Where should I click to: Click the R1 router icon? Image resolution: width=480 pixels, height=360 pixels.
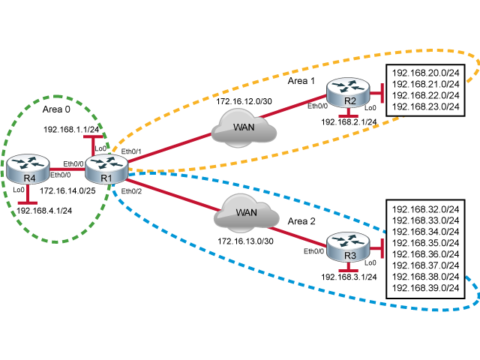(x=106, y=168)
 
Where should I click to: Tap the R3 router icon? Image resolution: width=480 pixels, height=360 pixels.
(x=349, y=246)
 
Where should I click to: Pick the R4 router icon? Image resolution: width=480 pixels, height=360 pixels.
(x=28, y=169)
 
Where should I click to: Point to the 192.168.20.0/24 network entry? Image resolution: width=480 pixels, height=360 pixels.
(x=426, y=73)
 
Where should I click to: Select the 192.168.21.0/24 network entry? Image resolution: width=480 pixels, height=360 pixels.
(x=426, y=85)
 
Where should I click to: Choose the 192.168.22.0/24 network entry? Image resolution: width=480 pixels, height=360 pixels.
(x=426, y=96)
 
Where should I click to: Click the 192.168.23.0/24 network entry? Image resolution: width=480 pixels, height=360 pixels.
(x=426, y=107)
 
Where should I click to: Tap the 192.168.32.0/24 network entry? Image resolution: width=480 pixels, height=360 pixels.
(x=426, y=209)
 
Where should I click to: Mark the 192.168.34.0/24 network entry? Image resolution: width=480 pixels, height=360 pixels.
(x=426, y=232)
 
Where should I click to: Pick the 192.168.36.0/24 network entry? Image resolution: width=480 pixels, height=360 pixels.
(x=426, y=254)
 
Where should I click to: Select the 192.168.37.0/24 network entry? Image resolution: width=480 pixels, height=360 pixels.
(x=426, y=265)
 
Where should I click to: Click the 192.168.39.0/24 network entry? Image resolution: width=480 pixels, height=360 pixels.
(x=426, y=288)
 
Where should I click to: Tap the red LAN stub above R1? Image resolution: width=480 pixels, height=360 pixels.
(x=94, y=142)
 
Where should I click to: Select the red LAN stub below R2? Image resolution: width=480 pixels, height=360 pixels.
(x=347, y=114)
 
